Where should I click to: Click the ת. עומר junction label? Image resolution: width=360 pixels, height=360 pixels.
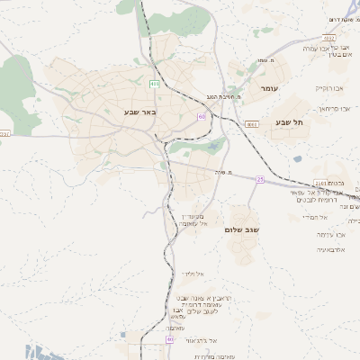[x=266, y=60]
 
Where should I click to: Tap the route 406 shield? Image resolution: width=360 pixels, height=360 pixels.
[x=155, y=83]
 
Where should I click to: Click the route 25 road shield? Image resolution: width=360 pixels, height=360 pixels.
[x=260, y=179]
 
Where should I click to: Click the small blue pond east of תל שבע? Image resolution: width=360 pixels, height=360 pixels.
[x=297, y=159]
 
